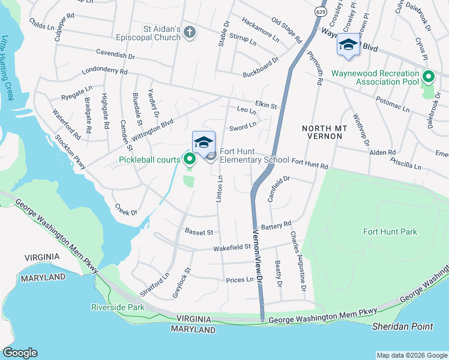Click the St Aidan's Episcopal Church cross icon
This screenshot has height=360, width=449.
(190, 32)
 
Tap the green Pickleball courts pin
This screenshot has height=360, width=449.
(190, 159)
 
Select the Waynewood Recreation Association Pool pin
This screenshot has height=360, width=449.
(428, 77)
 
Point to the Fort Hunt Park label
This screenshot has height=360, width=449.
(390, 232)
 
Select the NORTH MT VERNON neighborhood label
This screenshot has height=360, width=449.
(322, 133)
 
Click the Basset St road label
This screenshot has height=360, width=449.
(199, 231)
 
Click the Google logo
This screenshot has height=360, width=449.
(20, 353)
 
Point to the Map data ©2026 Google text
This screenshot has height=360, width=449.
(411, 355)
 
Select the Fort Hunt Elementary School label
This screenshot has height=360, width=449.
(255, 156)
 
